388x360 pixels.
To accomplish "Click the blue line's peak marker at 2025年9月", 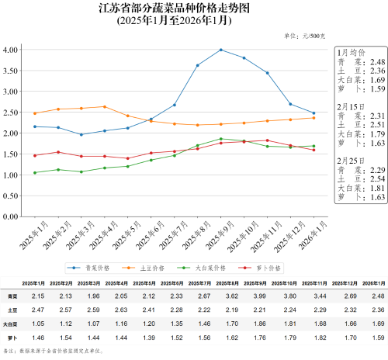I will [x=221, y=50].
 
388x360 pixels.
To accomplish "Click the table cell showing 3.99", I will [x=234, y=296].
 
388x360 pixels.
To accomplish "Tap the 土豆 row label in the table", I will [x=12, y=310].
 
